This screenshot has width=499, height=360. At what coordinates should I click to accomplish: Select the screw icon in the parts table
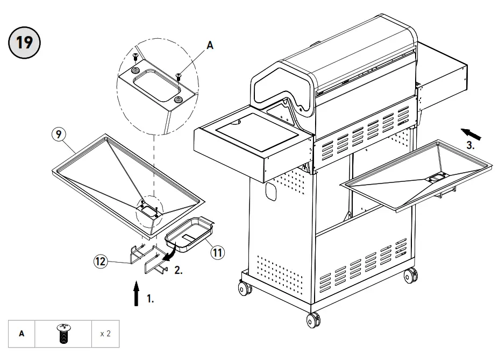click(63, 334)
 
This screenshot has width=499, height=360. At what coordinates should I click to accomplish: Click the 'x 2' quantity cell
click(105, 334)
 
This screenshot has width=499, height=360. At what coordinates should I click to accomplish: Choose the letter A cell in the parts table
click(22, 334)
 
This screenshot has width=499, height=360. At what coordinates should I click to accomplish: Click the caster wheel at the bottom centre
click(312, 321)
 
